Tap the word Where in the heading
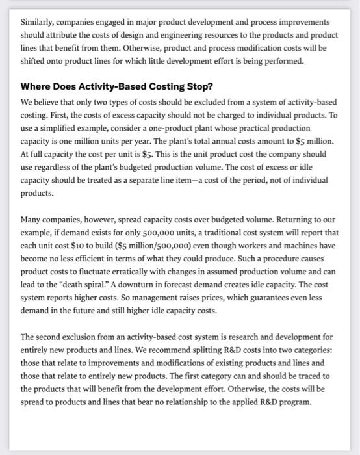click(x=40, y=86)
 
